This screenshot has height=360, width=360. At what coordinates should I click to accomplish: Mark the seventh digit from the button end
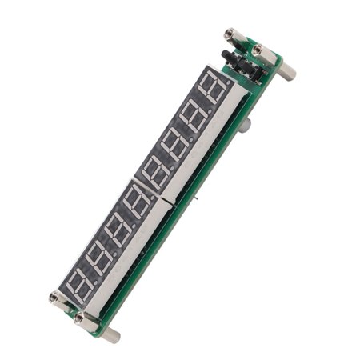pyautogui.click(x=98, y=255)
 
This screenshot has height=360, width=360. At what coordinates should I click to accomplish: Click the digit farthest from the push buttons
pyautogui.click(x=79, y=282)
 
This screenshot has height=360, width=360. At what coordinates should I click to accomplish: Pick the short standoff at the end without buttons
pyautogui.click(x=58, y=299)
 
